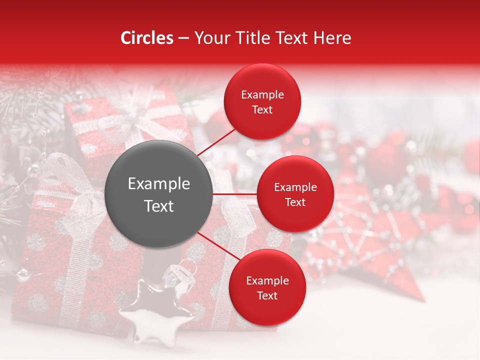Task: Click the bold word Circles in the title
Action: (147, 38)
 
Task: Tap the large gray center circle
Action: (159, 194)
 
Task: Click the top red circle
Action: (262, 101)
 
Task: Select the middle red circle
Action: (295, 194)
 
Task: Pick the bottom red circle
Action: (267, 287)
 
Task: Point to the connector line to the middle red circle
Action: (235, 194)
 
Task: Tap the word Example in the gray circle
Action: (159, 184)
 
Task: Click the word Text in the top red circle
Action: (262, 109)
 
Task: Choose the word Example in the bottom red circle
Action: (267, 280)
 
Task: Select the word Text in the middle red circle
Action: (295, 202)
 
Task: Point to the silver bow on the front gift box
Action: (75, 185)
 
